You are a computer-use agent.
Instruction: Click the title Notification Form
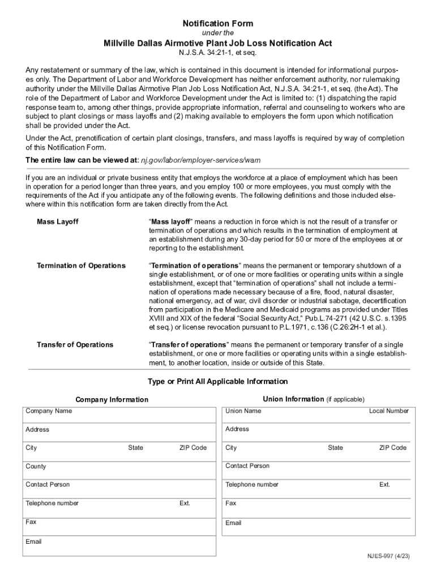tap(217, 24)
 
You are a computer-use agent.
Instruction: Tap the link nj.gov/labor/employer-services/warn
tap(200, 160)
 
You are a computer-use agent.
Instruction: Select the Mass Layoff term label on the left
tap(58, 221)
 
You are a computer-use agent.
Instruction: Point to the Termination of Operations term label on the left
tap(81, 266)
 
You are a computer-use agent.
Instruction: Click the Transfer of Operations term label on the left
tap(75, 344)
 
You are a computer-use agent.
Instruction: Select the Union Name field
tap(294, 415)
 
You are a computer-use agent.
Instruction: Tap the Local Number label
tap(388, 411)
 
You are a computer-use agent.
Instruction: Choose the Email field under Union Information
tap(317, 527)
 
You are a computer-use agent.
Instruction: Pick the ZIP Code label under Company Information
tap(193, 447)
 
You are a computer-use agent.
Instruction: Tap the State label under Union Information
tap(335, 447)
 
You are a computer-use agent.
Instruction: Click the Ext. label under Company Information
tap(185, 503)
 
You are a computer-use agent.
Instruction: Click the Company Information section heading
tap(112, 399)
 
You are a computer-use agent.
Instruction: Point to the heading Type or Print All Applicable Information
tap(217, 381)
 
